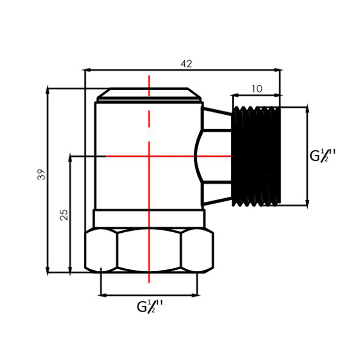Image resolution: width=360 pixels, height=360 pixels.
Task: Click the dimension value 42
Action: (x=186, y=64)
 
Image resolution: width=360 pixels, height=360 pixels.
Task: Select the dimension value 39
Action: (x=41, y=175)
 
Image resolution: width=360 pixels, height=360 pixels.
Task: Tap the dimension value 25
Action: (x=64, y=215)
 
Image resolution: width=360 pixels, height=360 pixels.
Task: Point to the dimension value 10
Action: (x=257, y=89)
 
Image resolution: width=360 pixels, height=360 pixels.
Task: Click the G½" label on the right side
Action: (x=323, y=155)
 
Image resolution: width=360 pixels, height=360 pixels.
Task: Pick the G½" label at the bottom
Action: (x=150, y=307)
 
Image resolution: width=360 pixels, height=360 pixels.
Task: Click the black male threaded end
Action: (x=256, y=156)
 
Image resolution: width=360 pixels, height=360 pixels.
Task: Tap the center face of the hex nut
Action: (x=149, y=251)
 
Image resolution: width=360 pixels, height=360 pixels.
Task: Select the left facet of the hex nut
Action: (x=101, y=251)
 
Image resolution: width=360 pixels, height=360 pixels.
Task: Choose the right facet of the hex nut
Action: (x=197, y=251)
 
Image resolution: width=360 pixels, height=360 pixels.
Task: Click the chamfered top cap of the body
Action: (x=149, y=94)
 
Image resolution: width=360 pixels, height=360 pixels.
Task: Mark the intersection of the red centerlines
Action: (x=149, y=156)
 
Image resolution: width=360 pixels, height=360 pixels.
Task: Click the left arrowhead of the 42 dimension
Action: (x=85, y=70)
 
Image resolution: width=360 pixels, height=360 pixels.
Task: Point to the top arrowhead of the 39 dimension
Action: (x=47, y=90)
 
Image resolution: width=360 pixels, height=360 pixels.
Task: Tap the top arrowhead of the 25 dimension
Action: (x=70, y=158)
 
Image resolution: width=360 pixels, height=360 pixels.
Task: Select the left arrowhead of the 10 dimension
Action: (x=234, y=95)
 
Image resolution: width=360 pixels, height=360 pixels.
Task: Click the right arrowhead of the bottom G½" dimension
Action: (x=196, y=295)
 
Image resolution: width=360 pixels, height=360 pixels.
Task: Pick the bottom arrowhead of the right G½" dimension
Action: (x=307, y=202)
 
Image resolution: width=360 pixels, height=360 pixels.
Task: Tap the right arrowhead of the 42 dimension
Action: (x=279, y=70)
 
